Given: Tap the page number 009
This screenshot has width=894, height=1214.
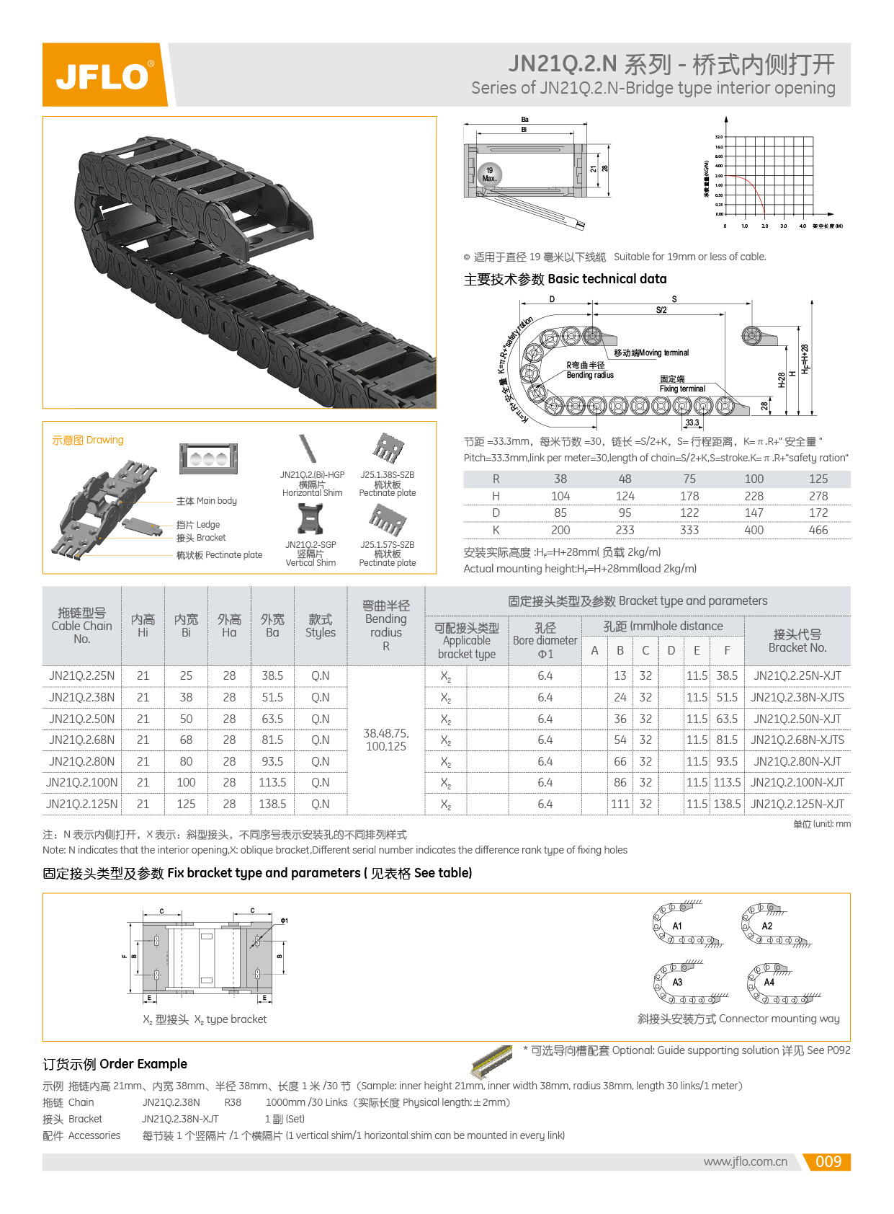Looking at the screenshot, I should pos(828,1161).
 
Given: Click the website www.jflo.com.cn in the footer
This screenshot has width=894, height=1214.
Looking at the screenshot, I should pos(745,1161).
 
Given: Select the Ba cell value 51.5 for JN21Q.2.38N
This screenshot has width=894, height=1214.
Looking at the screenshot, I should pos(272,697).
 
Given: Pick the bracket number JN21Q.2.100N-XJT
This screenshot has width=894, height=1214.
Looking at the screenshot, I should pos(797,782).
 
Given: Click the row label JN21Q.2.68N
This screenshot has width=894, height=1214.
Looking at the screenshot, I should pos(81,740).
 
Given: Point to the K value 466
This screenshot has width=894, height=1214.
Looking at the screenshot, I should pos(818,530).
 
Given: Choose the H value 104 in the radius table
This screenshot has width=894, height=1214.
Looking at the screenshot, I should pos(560,496).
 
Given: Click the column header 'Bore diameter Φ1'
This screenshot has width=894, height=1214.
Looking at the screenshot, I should pos(545,640).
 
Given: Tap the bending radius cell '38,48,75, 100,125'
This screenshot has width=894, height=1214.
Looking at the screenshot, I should pos(386,740).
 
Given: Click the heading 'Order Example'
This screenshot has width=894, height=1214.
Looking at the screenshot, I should pos(115,1064).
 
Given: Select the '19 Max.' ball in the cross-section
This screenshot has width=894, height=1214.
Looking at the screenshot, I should pos(489,174).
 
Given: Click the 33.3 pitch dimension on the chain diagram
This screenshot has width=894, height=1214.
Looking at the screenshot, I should pos(692,423).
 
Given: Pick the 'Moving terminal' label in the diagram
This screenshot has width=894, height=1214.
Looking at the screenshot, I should pos(651,353).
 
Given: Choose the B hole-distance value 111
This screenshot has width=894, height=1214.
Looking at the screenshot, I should pos(620,804).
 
